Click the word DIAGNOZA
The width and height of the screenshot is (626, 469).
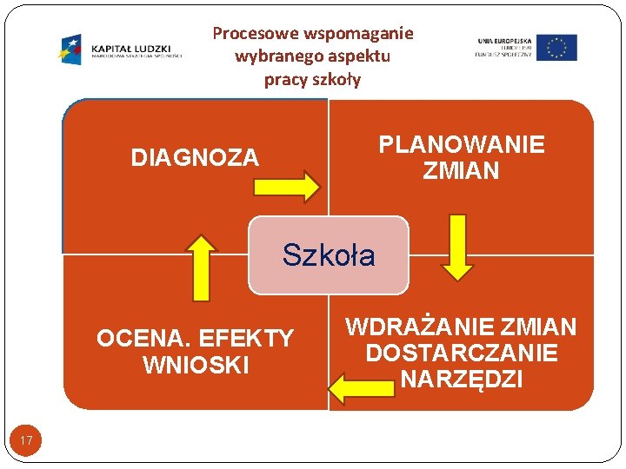195,158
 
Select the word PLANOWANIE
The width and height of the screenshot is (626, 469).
462,144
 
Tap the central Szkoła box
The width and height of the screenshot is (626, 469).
329,255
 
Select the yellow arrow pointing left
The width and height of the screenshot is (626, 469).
361,386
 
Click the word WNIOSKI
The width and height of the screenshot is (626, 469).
196,365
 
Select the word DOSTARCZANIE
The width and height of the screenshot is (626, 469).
462,353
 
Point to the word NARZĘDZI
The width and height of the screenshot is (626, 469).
462,380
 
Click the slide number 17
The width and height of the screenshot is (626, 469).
26,441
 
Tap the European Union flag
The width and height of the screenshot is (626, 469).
556,48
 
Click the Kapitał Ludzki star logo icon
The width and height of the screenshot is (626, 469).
70,49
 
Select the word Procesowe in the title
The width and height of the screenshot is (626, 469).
256,34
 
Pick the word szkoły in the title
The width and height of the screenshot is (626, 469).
336,80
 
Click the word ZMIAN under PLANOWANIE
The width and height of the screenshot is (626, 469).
462,170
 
